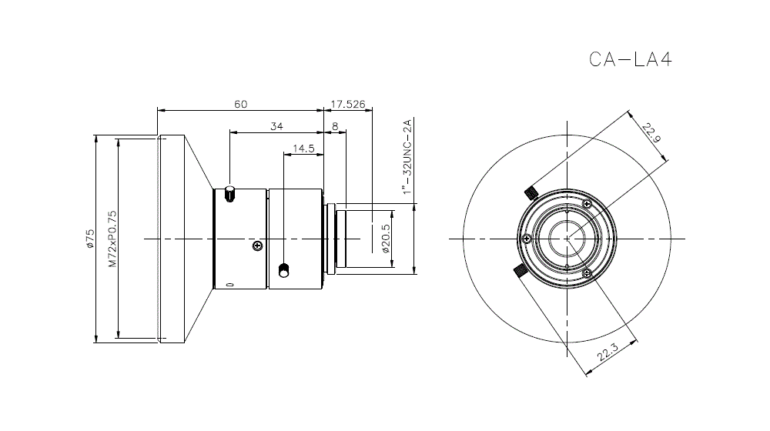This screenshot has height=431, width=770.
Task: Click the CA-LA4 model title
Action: pos(630,59)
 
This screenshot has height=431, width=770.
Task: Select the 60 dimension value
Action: pos(240,104)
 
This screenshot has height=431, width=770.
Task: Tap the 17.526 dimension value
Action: pos(348,104)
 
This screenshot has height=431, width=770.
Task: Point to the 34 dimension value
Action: pos(277,126)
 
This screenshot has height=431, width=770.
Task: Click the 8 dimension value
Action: pos(336,127)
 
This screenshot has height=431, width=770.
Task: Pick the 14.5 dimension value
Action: pos(303,149)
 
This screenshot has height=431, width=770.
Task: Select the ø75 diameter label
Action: pos(90,239)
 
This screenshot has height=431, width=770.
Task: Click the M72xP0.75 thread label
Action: pos(113,239)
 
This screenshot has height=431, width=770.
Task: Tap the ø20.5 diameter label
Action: pos(386,239)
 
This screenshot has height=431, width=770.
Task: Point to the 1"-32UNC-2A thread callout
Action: pos(407,156)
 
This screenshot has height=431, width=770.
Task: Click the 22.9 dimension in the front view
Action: pos(651,132)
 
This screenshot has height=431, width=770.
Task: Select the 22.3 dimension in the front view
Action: pos(608,352)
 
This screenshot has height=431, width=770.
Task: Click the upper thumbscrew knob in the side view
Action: pos(229,193)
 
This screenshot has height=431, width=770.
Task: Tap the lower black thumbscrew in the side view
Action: pos(283,270)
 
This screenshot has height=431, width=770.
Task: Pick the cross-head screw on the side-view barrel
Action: pos(257,246)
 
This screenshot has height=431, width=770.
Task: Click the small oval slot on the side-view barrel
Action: pos(229,284)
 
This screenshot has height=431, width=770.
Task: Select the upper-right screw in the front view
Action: pos(586,204)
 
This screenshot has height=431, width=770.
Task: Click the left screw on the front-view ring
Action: pos(527,239)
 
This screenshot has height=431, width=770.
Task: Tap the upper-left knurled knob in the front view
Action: pos(531,193)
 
